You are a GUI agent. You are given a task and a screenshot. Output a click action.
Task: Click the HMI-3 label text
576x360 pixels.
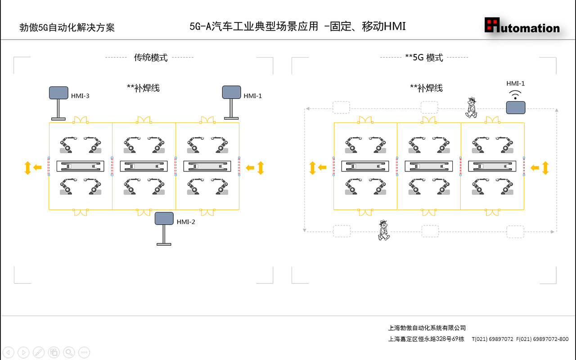pyautogui.click(x=80, y=96)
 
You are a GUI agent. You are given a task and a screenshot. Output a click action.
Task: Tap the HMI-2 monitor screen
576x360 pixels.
pyautogui.click(x=164, y=218)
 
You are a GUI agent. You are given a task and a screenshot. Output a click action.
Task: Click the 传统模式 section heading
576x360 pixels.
pyautogui.click(x=151, y=58)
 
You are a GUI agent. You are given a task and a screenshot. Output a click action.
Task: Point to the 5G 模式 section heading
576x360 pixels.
pyautogui.click(x=424, y=58)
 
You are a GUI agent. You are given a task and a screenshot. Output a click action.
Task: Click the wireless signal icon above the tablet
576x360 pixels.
pyautogui.click(x=515, y=94)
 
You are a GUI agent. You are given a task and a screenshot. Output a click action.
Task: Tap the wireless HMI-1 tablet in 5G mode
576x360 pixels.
pyautogui.click(x=516, y=108)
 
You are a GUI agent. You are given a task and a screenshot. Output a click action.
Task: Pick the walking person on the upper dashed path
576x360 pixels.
pyautogui.click(x=471, y=107)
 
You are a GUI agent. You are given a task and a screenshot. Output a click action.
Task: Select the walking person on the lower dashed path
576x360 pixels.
pyautogui.click(x=383, y=230)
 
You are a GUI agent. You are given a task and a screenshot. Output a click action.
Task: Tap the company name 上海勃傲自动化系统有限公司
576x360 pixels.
pyautogui.click(x=427, y=328)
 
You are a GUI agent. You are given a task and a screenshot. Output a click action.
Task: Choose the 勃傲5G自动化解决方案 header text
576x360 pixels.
pyautogui.click(x=67, y=27)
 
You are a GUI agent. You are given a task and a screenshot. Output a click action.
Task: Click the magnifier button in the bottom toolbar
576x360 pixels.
pyautogui.click(x=69, y=352)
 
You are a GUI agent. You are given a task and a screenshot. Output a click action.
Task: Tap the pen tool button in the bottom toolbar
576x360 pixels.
pyautogui.click(x=39, y=352)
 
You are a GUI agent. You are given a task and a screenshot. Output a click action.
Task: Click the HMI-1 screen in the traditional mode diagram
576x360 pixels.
pyautogui.click(x=232, y=92)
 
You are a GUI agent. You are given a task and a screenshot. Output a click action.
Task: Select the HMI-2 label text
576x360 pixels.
pyautogui.click(x=186, y=222)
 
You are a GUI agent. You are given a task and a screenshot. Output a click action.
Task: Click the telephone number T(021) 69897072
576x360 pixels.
pyautogui.click(x=492, y=339)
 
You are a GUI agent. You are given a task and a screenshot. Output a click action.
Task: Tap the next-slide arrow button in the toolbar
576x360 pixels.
pyautogui.click(x=23, y=352)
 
